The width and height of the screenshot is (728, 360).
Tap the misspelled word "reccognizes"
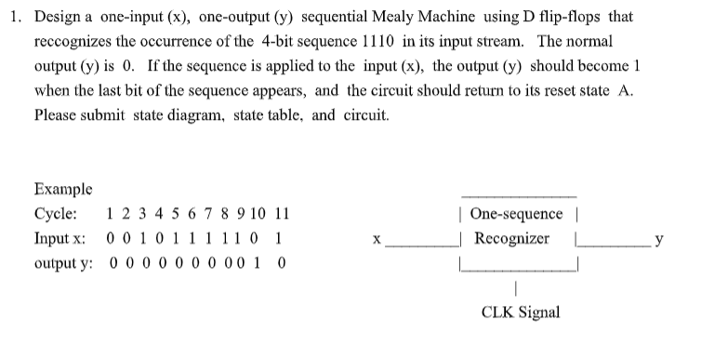point(72,43)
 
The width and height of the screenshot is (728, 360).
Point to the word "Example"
point(63,189)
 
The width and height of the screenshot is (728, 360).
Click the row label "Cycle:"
point(58,214)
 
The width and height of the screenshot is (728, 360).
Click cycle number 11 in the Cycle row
point(280,214)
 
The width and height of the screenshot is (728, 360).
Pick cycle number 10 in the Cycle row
point(257,214)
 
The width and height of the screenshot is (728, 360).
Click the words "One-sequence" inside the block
point(516,214)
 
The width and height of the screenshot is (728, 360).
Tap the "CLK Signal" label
point(521,312)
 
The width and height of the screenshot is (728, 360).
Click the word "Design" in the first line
point(58,17)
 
